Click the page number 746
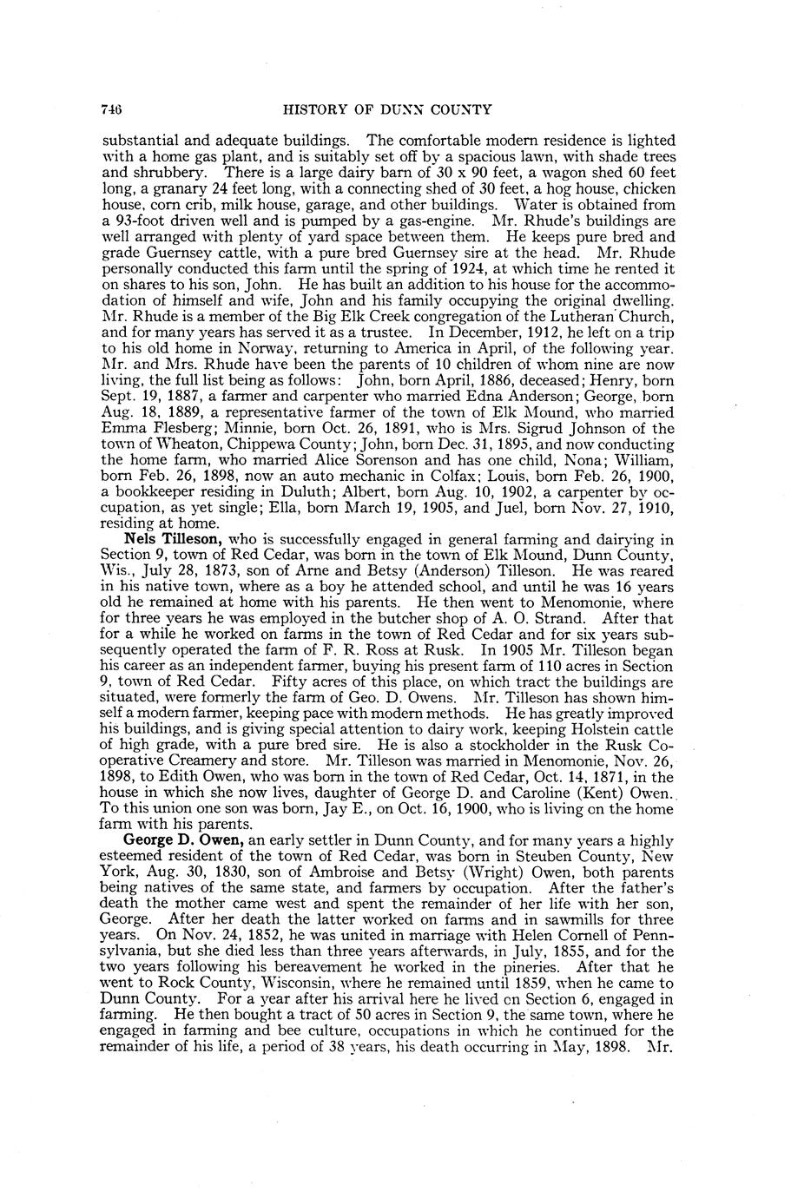coord(110,109)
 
